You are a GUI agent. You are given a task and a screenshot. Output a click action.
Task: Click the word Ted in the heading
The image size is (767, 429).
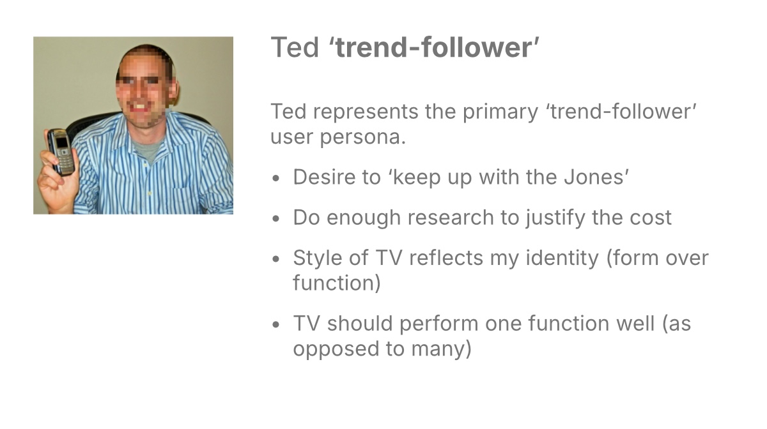point(294,48)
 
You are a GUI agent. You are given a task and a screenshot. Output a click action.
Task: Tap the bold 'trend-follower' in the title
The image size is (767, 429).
point(435,48)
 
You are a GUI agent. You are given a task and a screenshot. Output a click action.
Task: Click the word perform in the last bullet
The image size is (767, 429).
point(438,324)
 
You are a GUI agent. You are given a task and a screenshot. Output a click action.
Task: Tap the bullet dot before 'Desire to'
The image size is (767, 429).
point(276,178)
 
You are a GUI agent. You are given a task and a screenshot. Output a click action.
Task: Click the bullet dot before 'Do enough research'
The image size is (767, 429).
point(276,219)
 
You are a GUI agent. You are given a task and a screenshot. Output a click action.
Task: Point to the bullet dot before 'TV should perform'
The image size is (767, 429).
point(276,324)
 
